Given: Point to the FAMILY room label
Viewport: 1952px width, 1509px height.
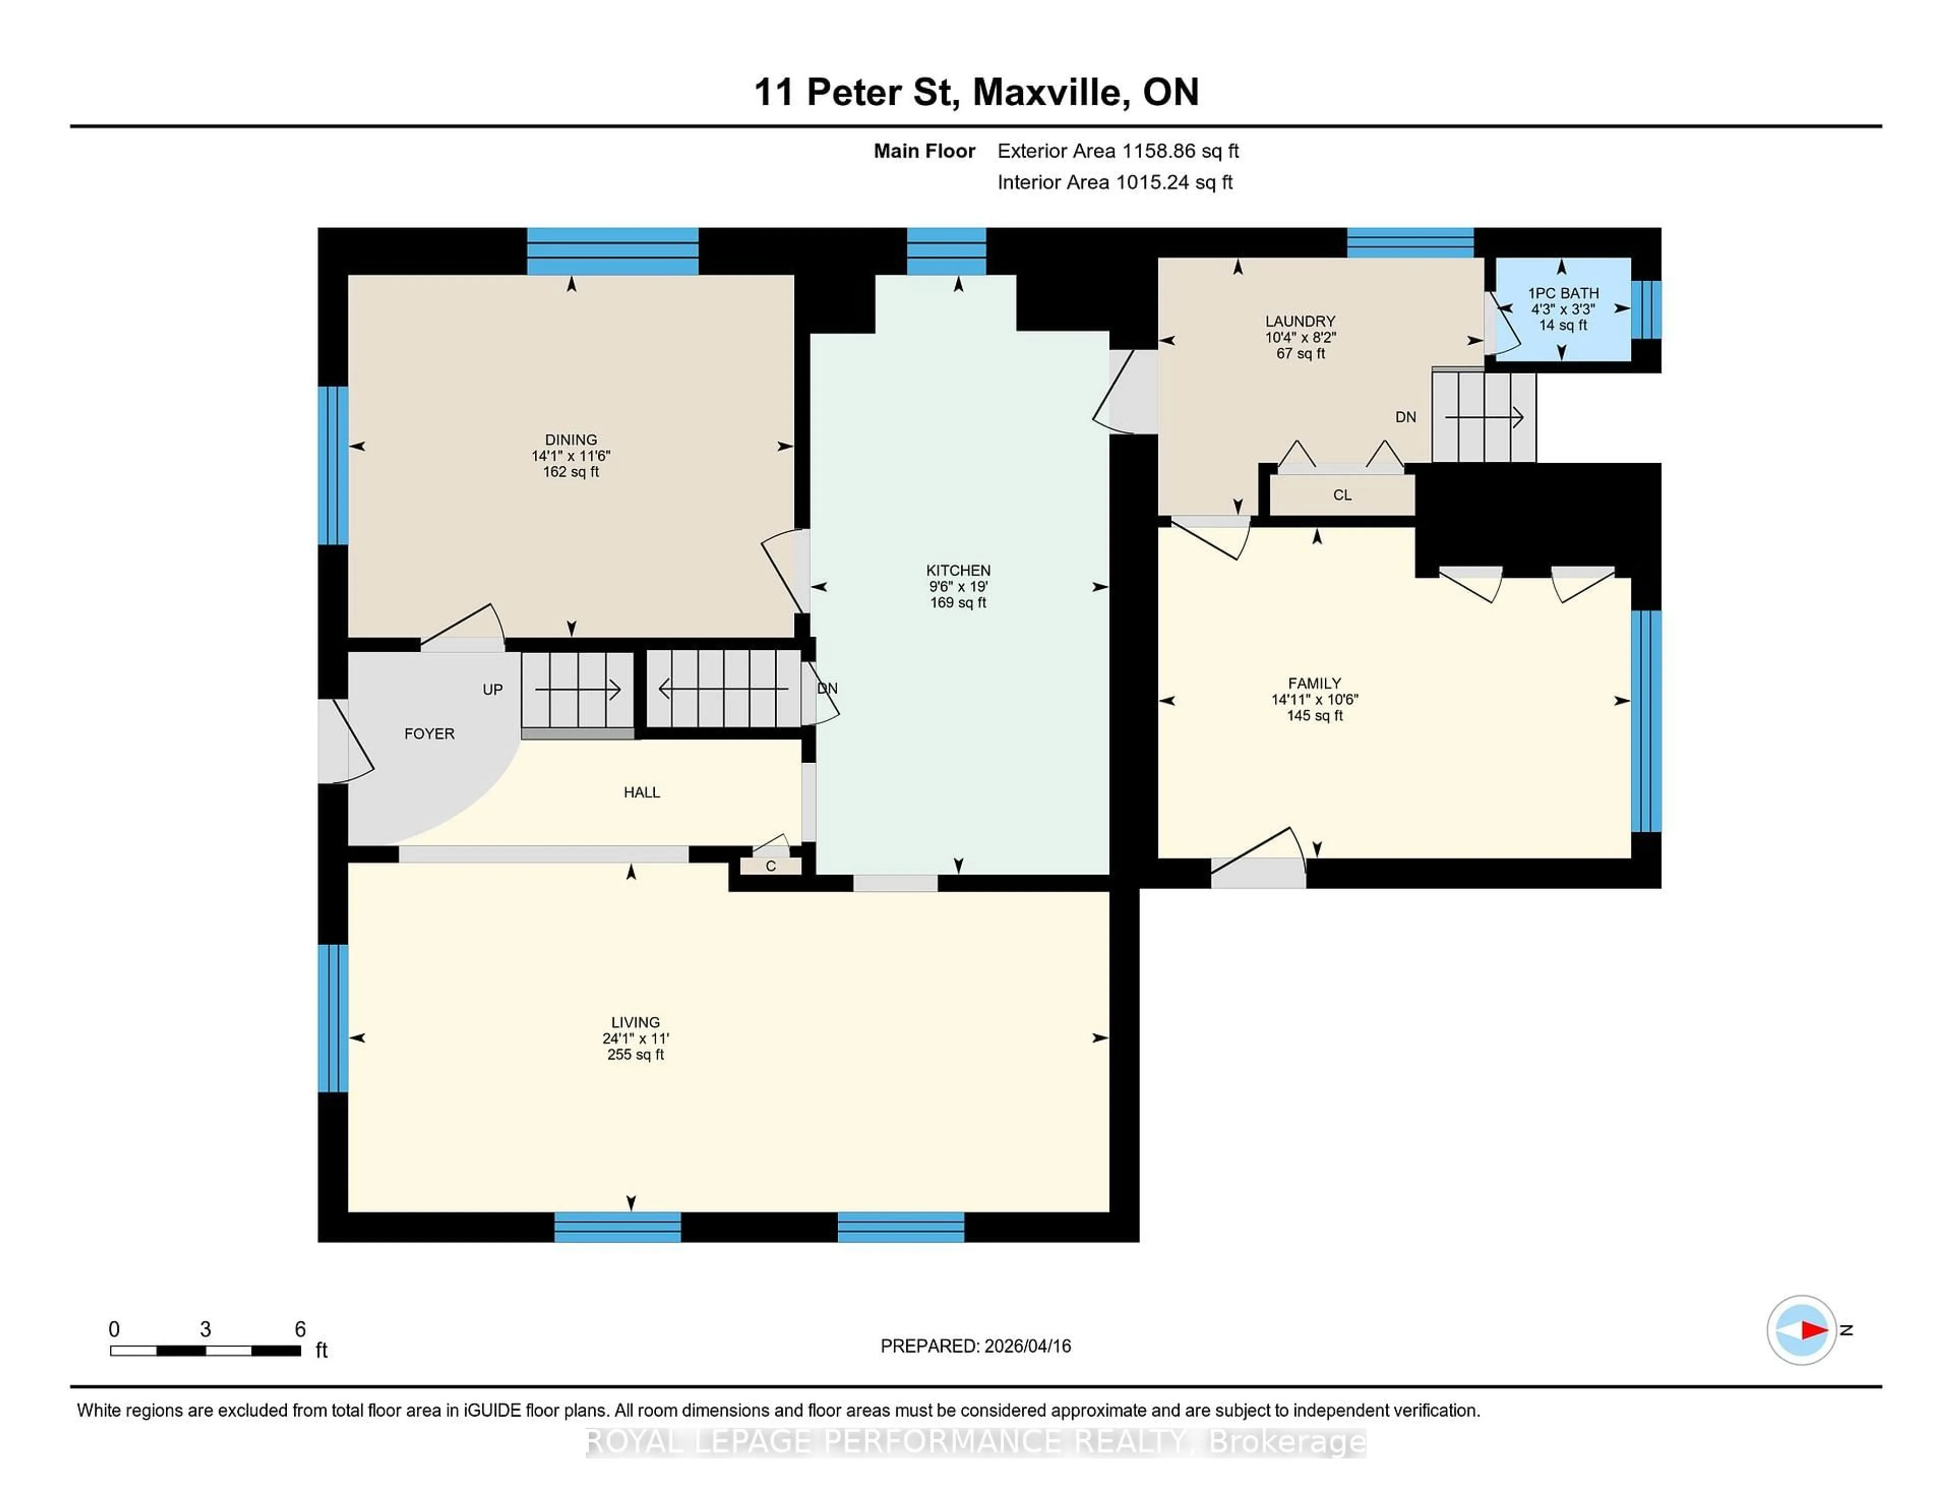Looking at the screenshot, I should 1314,683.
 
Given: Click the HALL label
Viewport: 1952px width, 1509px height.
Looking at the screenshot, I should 642,792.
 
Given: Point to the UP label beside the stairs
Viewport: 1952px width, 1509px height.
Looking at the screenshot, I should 493,689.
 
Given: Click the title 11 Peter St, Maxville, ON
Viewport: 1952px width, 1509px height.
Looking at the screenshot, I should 976,92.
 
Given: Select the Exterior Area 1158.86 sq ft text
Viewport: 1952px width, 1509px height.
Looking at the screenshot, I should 1117,151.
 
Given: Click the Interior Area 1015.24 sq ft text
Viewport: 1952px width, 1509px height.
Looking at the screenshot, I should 1115,183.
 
